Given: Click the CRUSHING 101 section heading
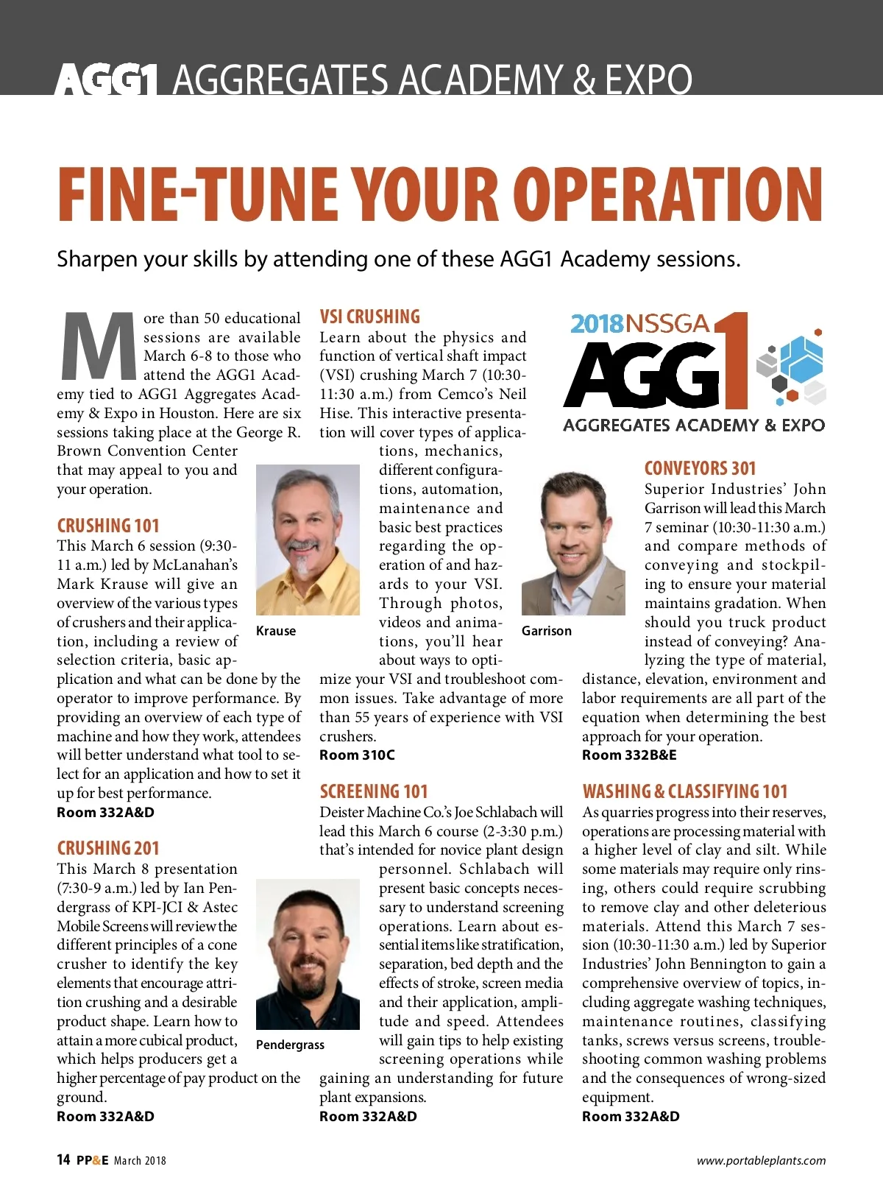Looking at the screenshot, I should [x=107, y=526].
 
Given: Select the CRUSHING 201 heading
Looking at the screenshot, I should [x=107, y=848].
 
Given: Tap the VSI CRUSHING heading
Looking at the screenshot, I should [x=369, y=317].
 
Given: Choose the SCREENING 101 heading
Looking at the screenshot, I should [x=373, y=791].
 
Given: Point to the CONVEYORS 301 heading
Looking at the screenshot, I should [x=699, y=469].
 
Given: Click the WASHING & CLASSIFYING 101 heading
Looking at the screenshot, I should [x=684, y=791].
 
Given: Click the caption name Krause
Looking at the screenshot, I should [x=276, y=631].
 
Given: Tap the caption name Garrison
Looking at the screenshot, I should [x=546, y=631].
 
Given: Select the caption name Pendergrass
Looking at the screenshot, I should [x=290, y=1045].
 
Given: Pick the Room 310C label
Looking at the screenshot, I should [x=357, y=755].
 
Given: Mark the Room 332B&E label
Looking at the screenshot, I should [x=629, y=755].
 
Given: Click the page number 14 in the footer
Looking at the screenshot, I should [x=63, y=1160].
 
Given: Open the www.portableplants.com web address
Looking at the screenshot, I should [x=761, y=1161].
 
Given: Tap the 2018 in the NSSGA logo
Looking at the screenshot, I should [x=597, y=324].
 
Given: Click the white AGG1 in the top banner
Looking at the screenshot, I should [x=106, y=80].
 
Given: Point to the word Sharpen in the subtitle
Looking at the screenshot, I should [x=97, y=259].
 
